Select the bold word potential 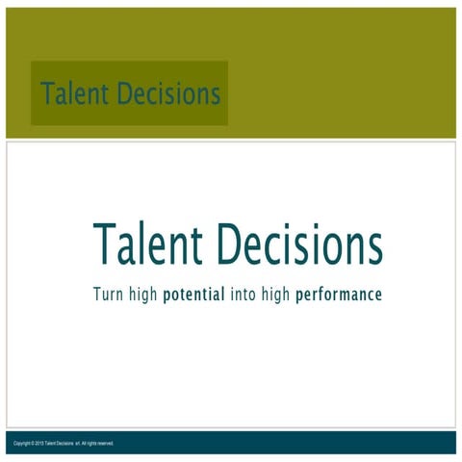point(194,295)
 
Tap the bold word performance point(339,295)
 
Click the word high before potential point(143,294)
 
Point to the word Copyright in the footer point(22,443)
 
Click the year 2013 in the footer point(39,443)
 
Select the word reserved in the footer point(105,443)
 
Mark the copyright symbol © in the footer point(32,443)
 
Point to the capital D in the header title point(125,94)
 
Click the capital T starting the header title point(46,94)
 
